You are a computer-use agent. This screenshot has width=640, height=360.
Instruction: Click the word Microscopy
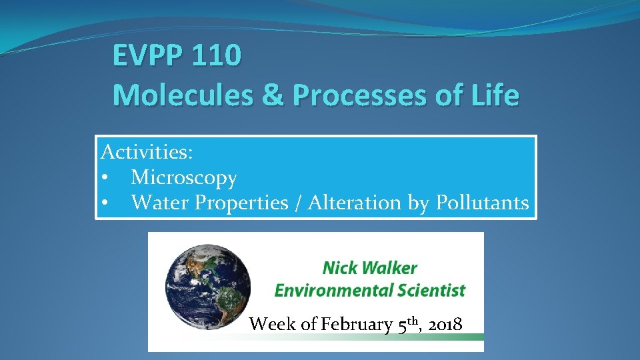point(184,178)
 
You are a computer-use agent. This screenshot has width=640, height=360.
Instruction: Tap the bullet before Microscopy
point(105,178)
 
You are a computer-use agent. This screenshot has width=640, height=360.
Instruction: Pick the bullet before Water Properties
point(105,203)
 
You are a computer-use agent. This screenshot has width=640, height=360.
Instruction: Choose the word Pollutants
point(483,203)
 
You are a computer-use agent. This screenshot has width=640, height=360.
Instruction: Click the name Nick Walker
point(370,269)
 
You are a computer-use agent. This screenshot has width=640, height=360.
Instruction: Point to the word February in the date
point(356,325)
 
